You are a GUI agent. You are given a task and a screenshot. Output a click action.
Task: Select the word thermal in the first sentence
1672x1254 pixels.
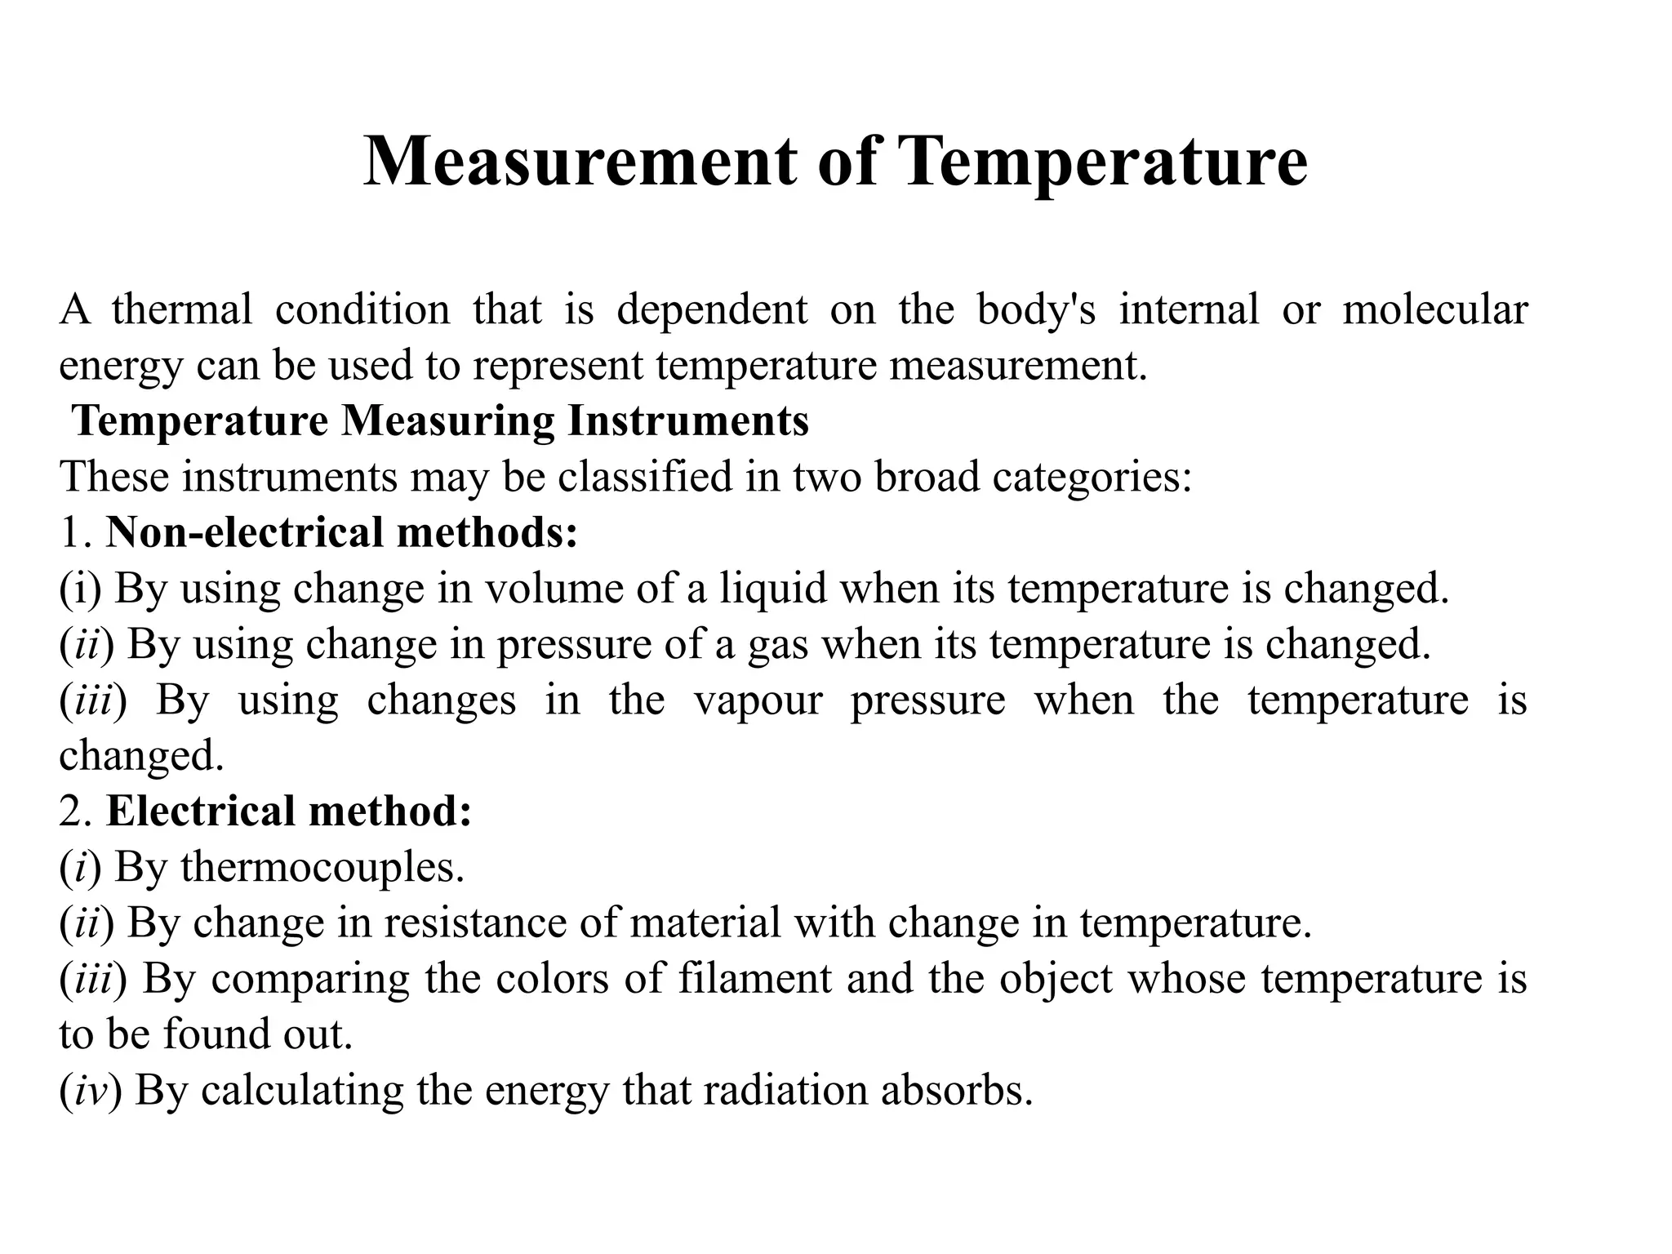[x=182, y=310]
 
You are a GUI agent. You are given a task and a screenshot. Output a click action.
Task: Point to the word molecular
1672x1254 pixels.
[x=1434, y=310]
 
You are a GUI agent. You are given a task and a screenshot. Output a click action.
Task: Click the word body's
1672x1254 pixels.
[x=1036, y=310]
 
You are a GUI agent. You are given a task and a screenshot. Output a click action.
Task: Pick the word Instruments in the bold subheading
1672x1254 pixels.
[x=688, y=421]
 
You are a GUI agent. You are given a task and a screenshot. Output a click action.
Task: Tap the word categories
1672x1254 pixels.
[x=1092, y=476]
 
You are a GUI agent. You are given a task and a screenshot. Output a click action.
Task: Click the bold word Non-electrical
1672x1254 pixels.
[x=244, y=531]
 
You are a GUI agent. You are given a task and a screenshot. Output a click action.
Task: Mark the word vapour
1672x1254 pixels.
[x=758, y=700]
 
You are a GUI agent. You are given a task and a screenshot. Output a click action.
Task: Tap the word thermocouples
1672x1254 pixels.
[x=322, y=867]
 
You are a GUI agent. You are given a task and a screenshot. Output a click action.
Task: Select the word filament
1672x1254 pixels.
[x=754, y=978]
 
